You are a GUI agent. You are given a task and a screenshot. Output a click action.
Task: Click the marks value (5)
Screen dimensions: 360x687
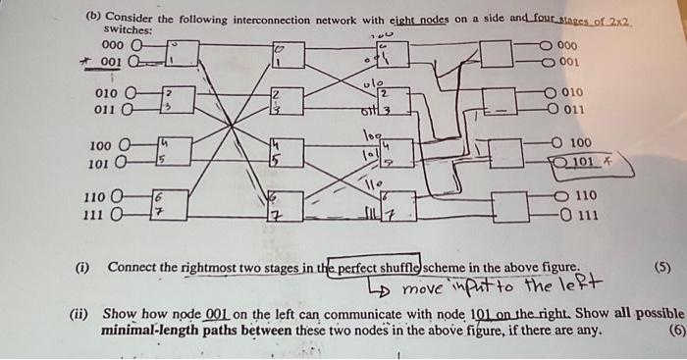click(664, 267)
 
